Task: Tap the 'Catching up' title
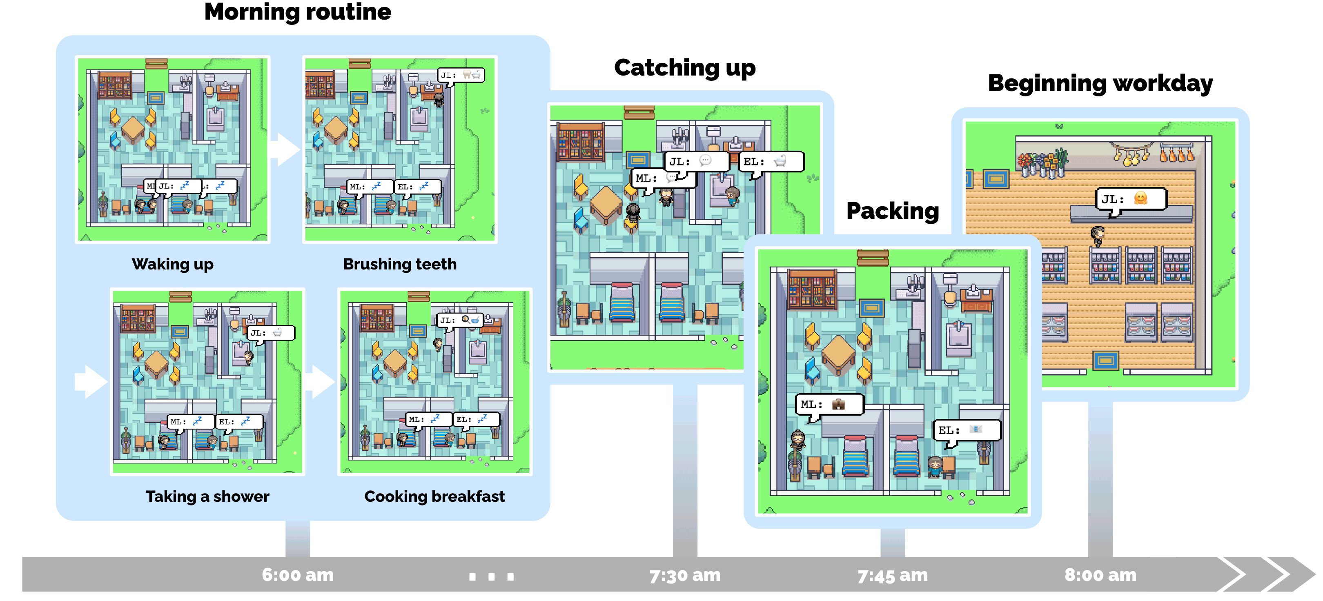click(685, 68)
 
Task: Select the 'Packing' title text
click(892, 211)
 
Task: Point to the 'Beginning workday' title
click(1100, 84)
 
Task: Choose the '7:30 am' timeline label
click(685, 575)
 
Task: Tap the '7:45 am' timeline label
click(892, 575)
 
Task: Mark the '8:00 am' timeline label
click(1100, 575)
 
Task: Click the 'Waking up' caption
click(173, 264)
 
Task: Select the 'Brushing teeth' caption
click(400, 264)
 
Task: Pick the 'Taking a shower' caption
click(207, 496)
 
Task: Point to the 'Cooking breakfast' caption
click(434, 496)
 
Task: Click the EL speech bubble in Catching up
click(771, 162)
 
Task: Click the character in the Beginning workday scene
click(1098, 236)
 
